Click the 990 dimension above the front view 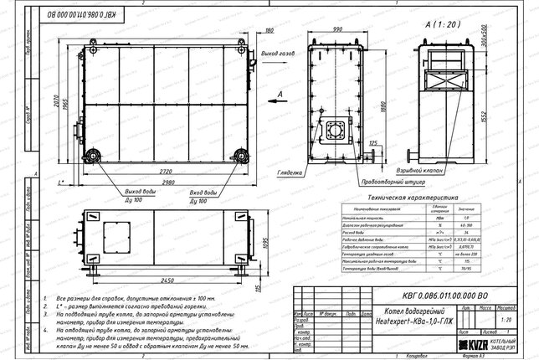(338, 29)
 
